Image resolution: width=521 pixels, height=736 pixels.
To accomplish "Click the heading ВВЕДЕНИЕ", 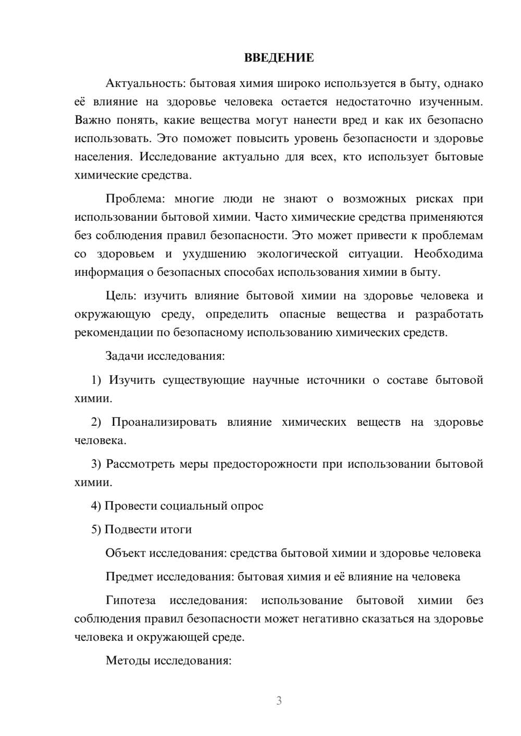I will (x=279, y=58).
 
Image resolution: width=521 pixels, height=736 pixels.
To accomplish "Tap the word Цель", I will (x=121, y=296).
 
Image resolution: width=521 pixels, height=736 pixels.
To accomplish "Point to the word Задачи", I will (x=125, y=356).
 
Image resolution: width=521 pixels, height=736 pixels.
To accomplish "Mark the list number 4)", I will (x=96, y=506).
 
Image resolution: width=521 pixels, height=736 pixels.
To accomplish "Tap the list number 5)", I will (x=96, y=529).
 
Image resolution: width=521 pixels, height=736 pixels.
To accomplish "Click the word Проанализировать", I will (x=164, y=422).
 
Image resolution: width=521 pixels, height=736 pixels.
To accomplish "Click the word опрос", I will (x=247, y=506).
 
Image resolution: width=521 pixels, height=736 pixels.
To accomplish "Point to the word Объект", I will (x=126, y=553).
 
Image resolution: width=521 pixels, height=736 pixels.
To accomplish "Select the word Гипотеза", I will (x=131, y=600).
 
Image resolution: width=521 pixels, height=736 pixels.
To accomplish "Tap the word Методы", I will (x=125, y=661).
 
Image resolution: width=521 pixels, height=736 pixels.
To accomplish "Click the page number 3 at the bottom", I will (x=279, y=701).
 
